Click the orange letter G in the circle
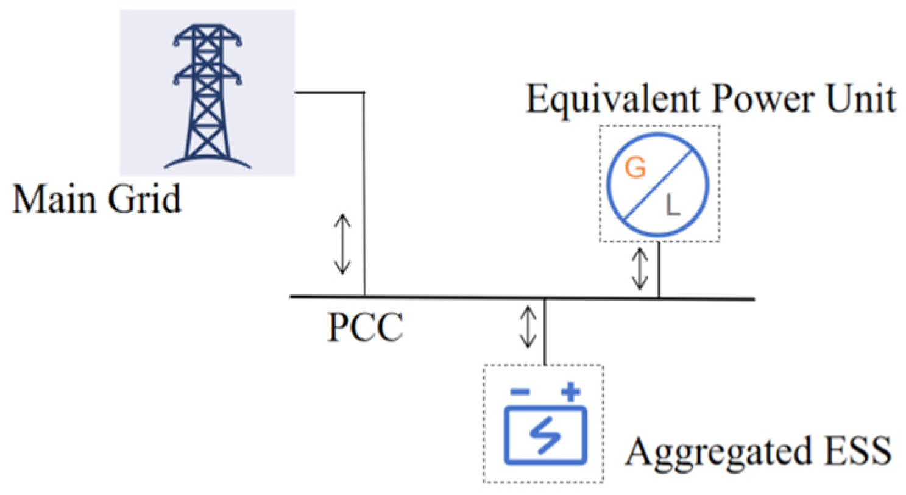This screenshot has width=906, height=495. pyautogui.click(x=635, y=169)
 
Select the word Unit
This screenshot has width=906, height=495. pyautogui.click(x=862, y=99)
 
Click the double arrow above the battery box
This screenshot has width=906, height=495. pyautogui.click(x=527, y=327)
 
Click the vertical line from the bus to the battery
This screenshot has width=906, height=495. pyautogui.click(x=543, y=332)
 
